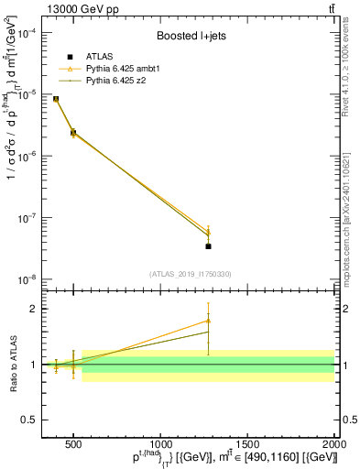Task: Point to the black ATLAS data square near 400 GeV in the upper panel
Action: click(x=56, y=99)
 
